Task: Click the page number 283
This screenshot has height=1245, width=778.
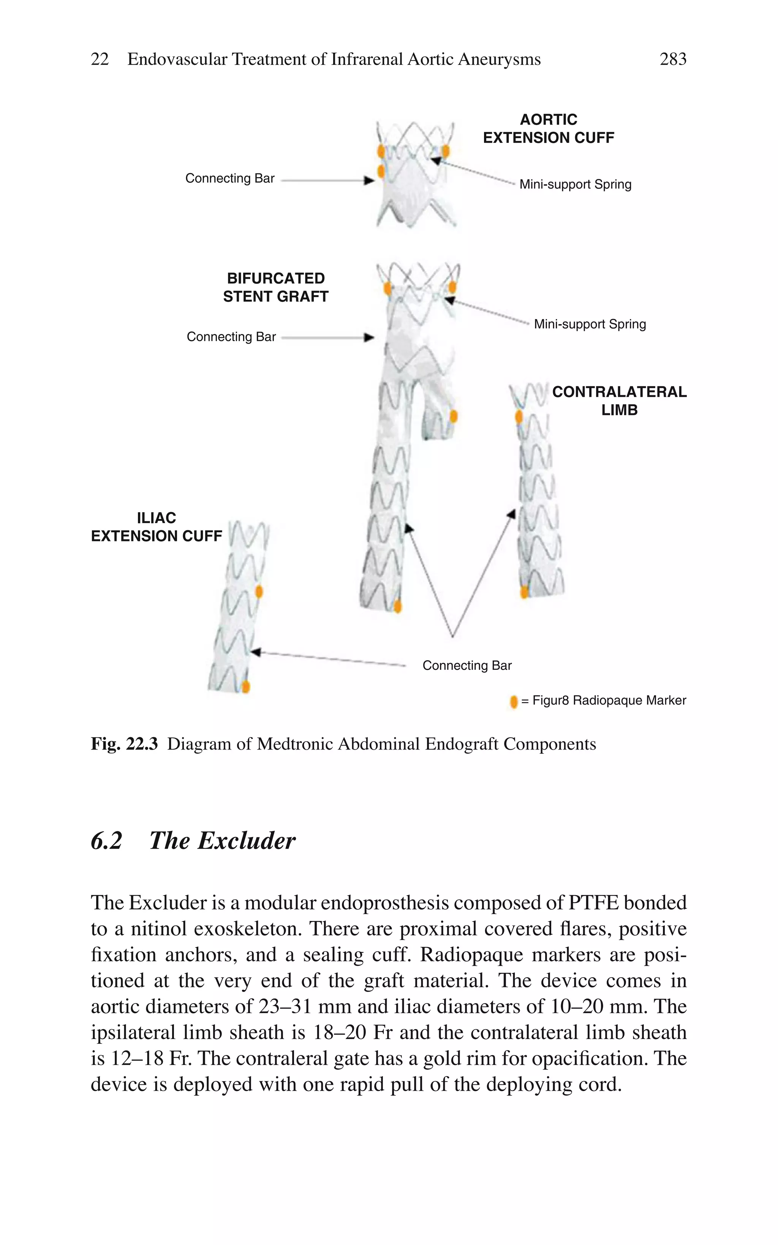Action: [672, 59]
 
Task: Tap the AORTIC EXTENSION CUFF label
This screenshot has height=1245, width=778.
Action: [548, 129]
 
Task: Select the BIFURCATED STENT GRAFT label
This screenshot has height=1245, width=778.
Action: [275, 287]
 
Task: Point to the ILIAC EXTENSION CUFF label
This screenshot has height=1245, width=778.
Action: [157, 527]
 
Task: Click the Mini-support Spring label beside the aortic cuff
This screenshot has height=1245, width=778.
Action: [575, 184]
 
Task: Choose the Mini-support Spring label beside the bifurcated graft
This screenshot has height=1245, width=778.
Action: [590, 324]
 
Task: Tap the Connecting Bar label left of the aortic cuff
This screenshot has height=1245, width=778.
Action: [229, 179]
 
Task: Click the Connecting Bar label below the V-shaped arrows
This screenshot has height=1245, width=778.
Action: [467, 666]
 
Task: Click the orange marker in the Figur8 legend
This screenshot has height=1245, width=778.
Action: [514, 702]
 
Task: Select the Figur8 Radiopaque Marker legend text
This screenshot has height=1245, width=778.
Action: [609, 701]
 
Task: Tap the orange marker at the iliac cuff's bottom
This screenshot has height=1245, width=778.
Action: [246, 687]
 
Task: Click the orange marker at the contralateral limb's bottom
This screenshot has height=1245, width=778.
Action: [524, 592]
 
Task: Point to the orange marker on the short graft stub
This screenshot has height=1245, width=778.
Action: [453, 416]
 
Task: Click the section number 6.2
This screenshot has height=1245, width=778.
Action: [106, 841]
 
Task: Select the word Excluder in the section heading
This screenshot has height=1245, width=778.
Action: [247, 841]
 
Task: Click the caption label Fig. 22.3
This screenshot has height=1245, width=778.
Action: [124, 744]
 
